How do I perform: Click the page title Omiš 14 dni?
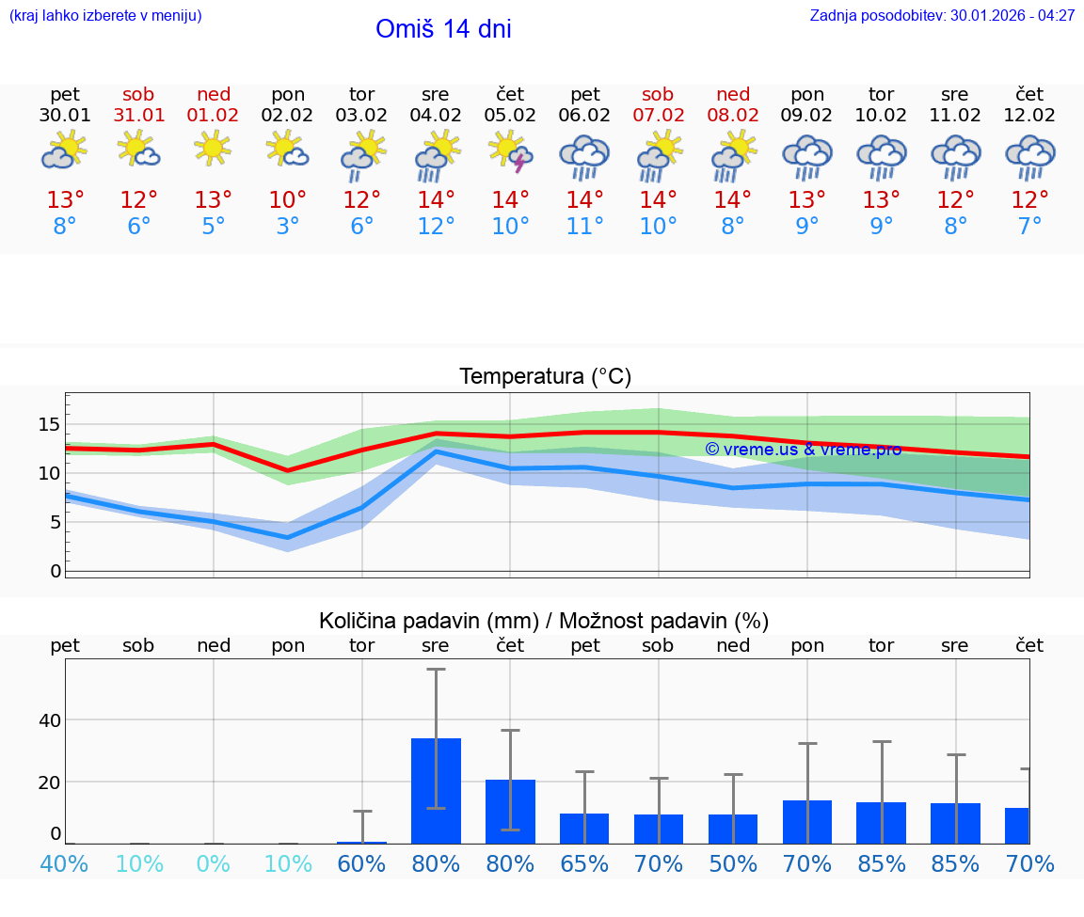[443, 29]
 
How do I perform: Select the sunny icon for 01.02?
[214, 148]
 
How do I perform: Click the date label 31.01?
[139, 116]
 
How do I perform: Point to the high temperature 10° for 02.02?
[288, 200]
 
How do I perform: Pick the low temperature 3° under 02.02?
[288, 226]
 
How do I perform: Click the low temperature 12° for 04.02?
[436, 226]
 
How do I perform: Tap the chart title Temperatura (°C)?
[545, 377]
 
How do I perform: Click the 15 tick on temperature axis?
[49, 425]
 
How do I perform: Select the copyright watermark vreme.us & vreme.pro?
[803, 450]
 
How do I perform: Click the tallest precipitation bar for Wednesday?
[436, 790]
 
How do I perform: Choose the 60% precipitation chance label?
[362, 863]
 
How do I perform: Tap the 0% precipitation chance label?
[214, 863]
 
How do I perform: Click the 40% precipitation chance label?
[65, 863]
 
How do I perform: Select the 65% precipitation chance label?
[584, 863]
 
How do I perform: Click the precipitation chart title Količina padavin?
[544, 621]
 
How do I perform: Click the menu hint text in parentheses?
[105, 16]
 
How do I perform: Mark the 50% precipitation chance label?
[733, 863]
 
